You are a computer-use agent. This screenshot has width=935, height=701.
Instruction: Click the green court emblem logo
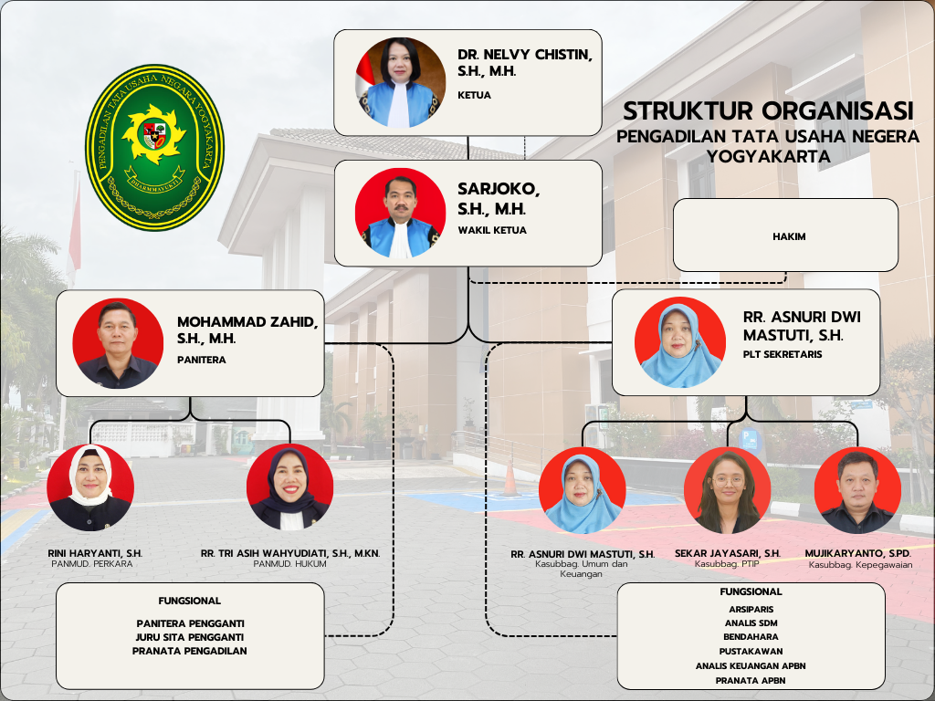(154, 147)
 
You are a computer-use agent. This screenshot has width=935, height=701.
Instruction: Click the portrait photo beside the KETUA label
(400, 82)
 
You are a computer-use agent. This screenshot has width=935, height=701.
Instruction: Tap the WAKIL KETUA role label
(492, 230)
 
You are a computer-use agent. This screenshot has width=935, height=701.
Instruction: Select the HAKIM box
(785, 235)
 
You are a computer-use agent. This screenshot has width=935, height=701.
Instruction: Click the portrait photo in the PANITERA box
(118, 343)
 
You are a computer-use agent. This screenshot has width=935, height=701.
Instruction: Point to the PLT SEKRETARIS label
(783, 354)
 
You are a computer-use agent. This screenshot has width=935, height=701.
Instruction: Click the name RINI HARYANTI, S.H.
(95, 553)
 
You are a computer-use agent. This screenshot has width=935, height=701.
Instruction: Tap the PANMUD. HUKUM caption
(289, 564)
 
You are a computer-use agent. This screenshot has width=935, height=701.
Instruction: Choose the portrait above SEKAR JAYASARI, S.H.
(728, 490)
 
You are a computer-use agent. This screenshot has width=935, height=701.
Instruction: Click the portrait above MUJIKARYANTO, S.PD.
(857, 490)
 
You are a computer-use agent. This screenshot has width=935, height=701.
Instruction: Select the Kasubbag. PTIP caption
(727, 563)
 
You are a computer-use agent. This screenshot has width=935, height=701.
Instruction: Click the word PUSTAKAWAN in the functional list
(751, 652)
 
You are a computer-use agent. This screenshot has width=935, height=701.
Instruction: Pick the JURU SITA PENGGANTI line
(190, 637)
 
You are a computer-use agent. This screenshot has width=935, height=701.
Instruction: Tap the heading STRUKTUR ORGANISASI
(768, 111)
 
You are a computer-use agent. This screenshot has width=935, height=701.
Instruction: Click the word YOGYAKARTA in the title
(768, 156)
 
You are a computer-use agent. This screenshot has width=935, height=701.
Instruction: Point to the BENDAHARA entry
(751, 636)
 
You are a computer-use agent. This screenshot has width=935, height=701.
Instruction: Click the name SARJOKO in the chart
(499, 189)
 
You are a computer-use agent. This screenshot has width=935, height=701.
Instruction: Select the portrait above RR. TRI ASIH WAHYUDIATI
(289, 487)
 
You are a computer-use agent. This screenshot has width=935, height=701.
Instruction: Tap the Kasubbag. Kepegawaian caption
(860, 564)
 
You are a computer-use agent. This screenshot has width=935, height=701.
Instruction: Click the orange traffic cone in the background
(510, 478)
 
